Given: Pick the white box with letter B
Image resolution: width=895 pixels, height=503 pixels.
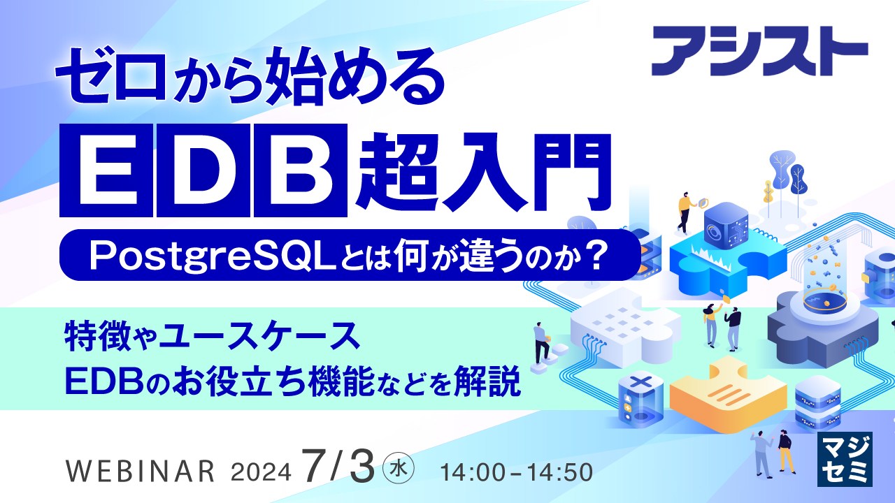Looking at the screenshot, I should click(300, 170).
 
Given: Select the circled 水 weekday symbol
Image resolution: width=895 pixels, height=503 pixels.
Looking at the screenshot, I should click(400, 467).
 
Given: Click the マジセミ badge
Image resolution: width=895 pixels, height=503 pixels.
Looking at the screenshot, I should click(845, 459).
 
